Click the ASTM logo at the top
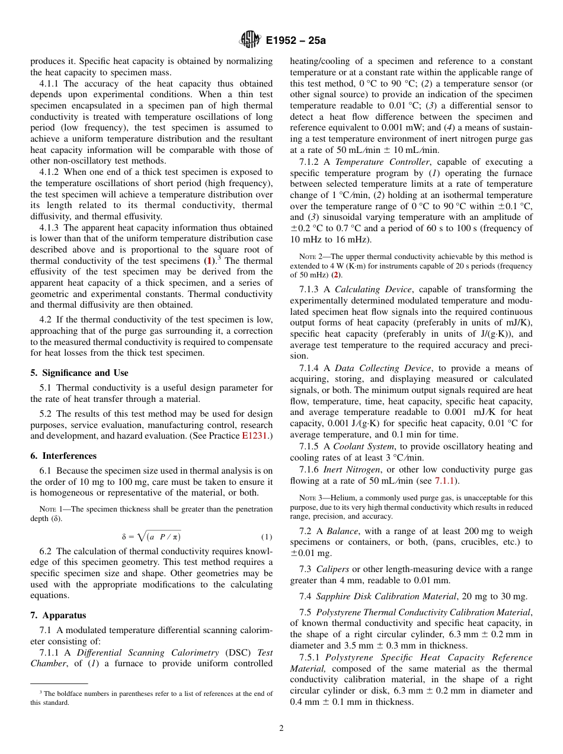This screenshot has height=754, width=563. pyautogui.click(x=249, y=40)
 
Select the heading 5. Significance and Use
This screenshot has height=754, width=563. pyautogui.click(x=79, y=373)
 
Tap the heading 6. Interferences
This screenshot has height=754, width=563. pyautogui.click(x=63, y=456)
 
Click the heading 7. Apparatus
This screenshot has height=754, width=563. pyautogui.click(x=58, y=616)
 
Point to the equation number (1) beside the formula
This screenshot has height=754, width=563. pyautogui.click(x=267, y=537)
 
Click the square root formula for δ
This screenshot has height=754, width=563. pyautogui.click(x=151, y=537)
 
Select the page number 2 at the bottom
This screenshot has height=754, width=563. pyautogui.click(x=281, y=729)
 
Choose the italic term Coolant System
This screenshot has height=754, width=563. pyautogui.click(x=371, y=446)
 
